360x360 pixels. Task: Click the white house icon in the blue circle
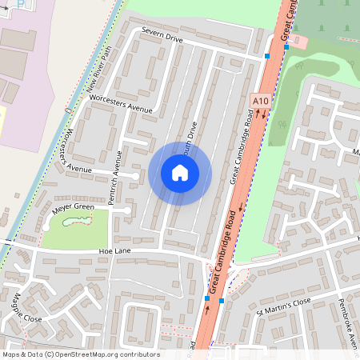[180, 173]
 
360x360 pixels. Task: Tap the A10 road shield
[259, 102]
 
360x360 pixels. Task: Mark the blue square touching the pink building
[286, 47]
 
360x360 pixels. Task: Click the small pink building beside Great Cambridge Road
[297, 40]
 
